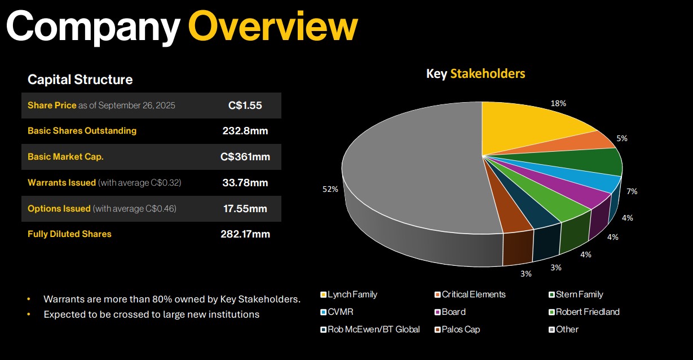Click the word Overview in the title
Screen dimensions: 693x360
tap(273, 26)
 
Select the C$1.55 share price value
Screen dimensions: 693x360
tap(245, 106)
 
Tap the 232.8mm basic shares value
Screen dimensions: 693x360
tap(245, 131)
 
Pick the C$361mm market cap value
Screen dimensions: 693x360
tap(245, 157)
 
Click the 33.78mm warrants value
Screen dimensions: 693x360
tap(245, 183)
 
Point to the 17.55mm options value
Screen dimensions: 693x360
tap(245, 209)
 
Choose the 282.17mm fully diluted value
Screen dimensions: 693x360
tap(245, 234)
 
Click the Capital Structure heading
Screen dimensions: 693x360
tap(80, 80)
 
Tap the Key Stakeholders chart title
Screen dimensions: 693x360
tap(475, 74)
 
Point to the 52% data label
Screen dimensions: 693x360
tap(330, 189)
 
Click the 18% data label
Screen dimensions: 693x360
tap(558, 103)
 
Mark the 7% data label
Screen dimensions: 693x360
tap(632, 191)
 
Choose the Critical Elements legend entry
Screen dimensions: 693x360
tap(470, 295)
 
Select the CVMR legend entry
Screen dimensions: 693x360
tap(337, 311)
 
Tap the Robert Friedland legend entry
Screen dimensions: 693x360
tap(584, 311)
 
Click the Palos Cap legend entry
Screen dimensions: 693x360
tap(457, 330)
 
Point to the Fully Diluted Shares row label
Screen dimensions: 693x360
tap(69, 234)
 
